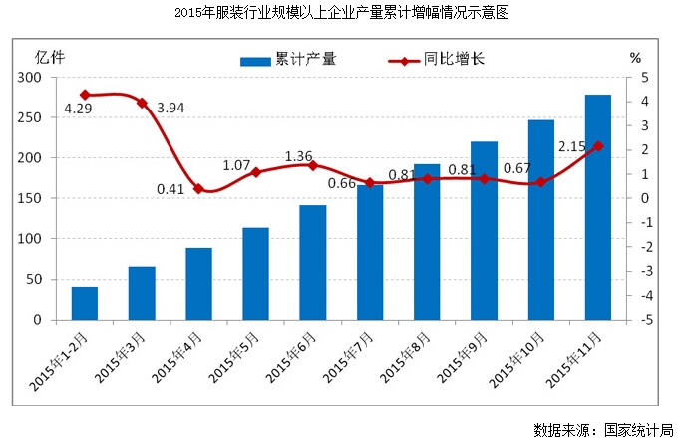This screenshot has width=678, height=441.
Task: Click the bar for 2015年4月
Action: [198, 284]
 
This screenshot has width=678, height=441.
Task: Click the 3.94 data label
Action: [172, 107]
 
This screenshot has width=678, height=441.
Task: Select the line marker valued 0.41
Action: [198, 188]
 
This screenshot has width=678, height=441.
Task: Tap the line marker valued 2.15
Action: [598, 146]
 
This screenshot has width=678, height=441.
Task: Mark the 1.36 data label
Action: [299, 156]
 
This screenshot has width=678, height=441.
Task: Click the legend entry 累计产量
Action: [289, 60]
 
